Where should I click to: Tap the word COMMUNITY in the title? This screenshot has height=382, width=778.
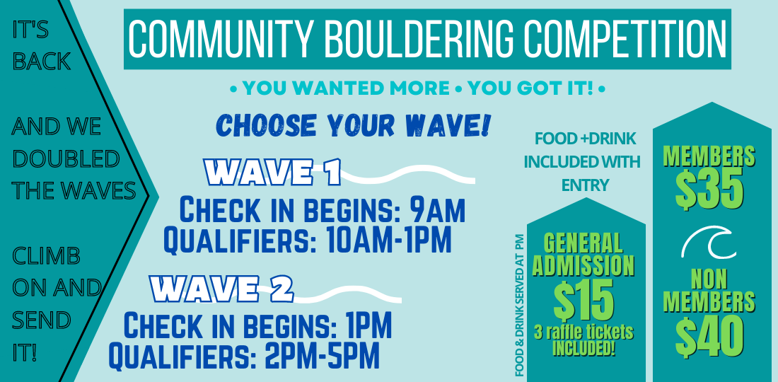coord(221,39)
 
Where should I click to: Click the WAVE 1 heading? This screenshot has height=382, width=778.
coord(273,173)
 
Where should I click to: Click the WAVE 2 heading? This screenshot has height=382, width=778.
coord(222,289)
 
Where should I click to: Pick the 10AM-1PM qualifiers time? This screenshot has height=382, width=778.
coord(390,240)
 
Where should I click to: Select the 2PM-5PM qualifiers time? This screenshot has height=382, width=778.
coord(323,355)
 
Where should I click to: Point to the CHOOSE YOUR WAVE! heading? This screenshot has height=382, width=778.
coord(353,126)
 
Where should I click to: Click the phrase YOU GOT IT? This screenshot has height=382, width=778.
coord(530,89)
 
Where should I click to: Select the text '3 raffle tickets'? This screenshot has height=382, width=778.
coord(583,331)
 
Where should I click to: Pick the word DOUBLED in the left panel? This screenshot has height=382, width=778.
coord(66,158)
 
